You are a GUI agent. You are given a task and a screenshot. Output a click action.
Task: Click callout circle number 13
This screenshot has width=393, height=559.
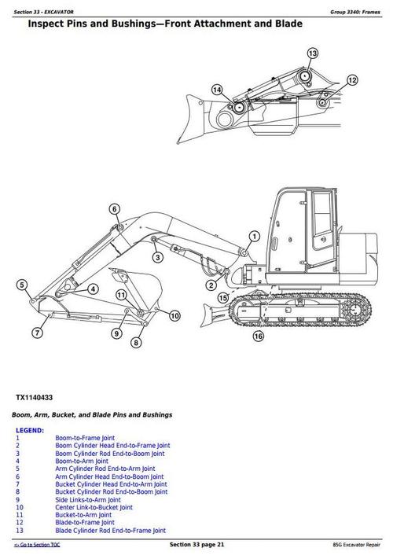point(313,53)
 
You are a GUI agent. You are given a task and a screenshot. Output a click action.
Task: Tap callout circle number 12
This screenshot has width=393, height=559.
point(352,80)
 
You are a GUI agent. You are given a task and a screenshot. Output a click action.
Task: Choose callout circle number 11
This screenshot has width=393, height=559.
point(121,295)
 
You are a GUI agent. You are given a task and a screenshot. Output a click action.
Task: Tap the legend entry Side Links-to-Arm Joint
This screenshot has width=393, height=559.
point(87,500)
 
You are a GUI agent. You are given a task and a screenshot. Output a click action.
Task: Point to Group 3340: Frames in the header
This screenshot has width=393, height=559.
point(353,8)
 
